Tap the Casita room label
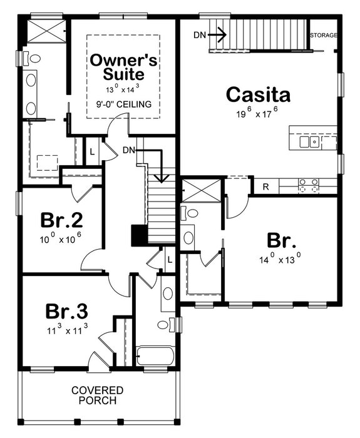pos(259,95)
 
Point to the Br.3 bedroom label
pos(66,312)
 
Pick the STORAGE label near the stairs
pos(324,35)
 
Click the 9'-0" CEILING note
pos(124,104)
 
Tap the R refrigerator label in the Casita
pos(265,186)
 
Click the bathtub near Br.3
pos(155,357)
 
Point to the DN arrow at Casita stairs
pos(217,35)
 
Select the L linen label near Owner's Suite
pos(92,152)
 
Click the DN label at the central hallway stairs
pos(130,150)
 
